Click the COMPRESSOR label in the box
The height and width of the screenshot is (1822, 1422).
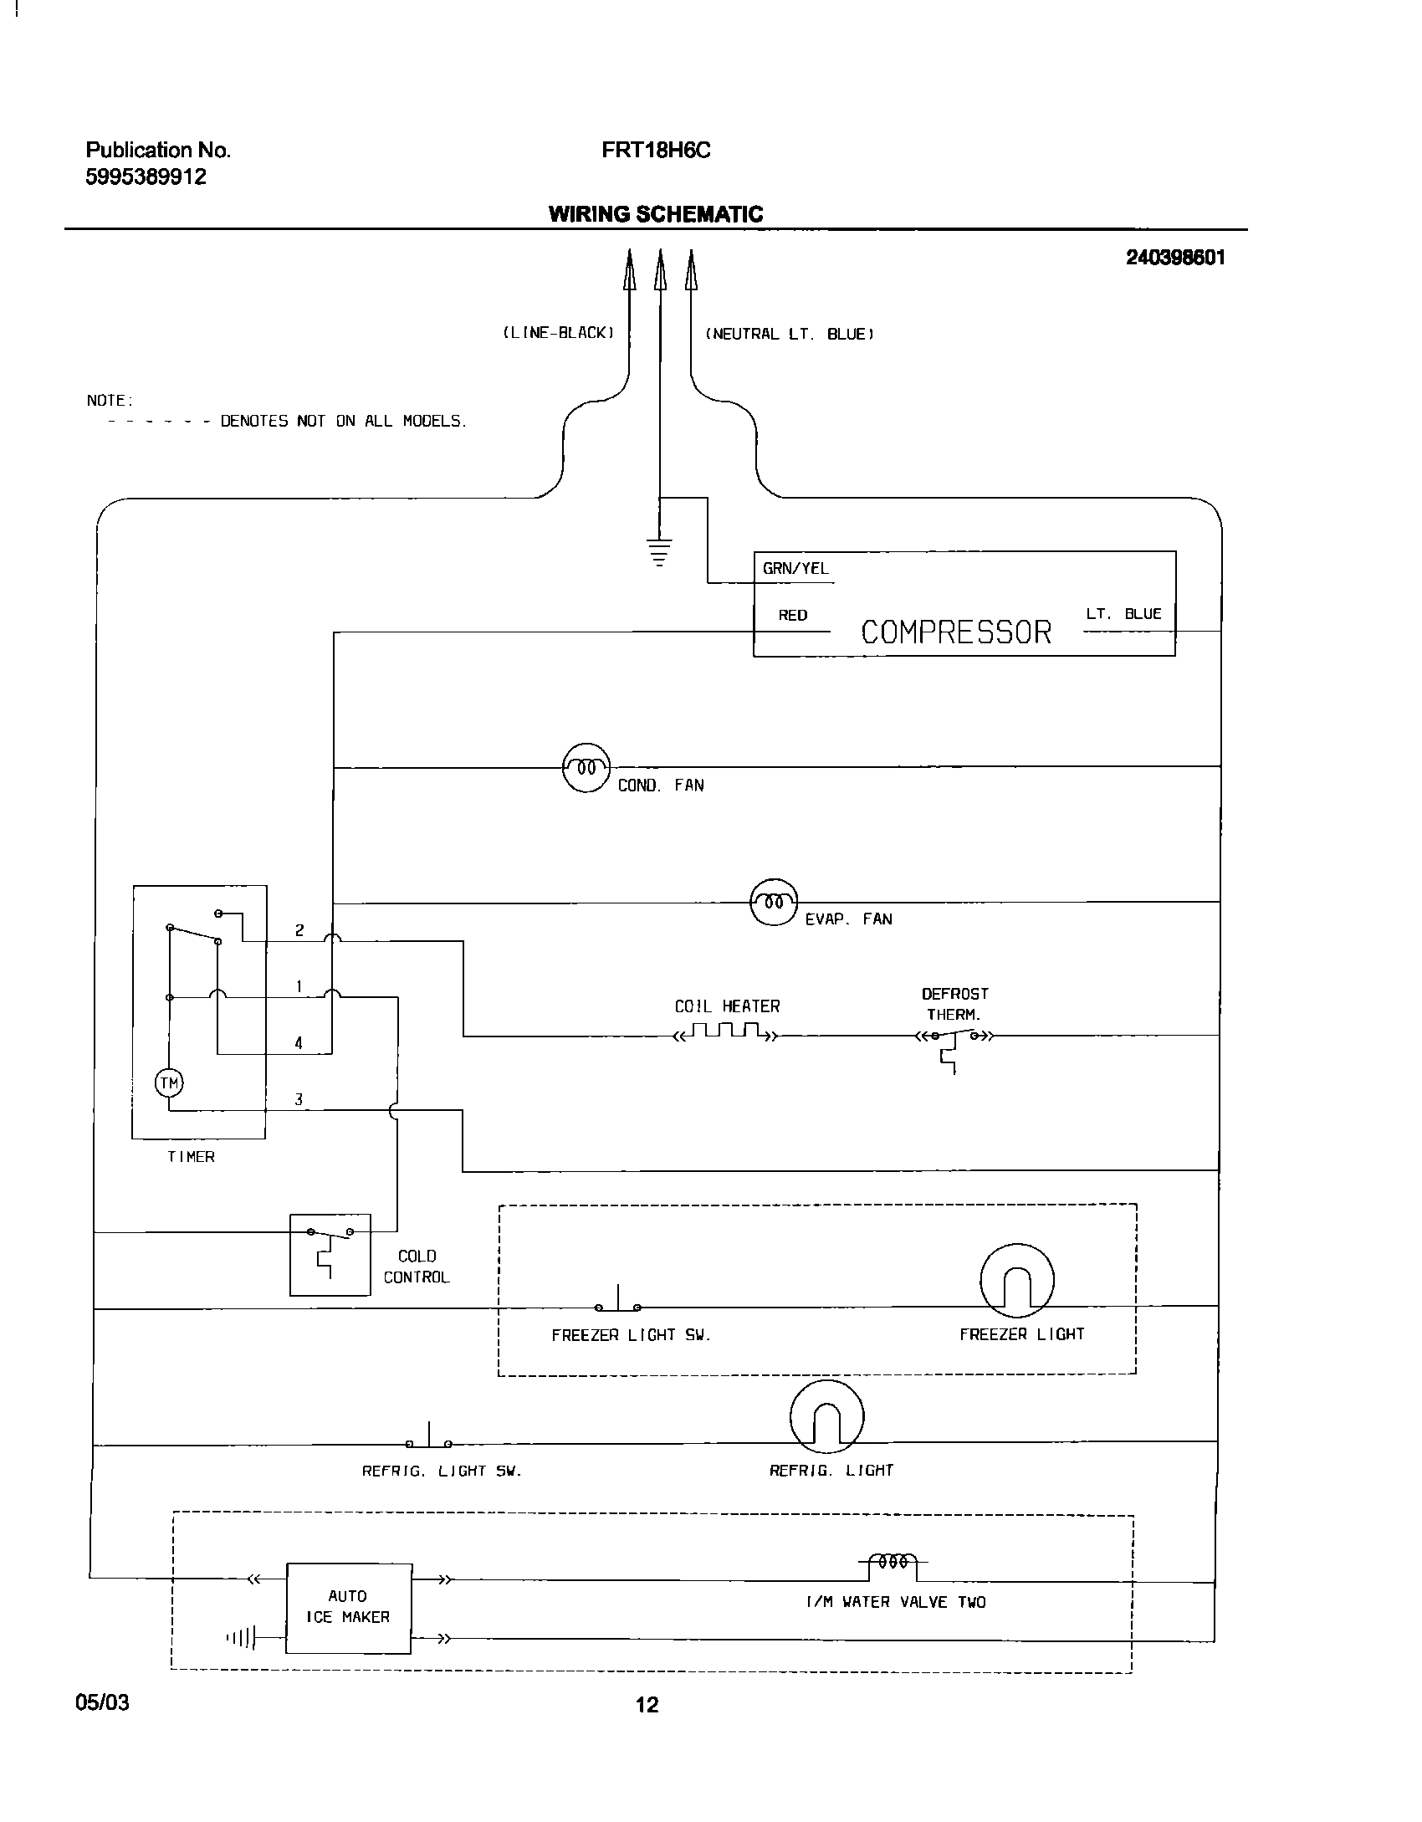[956, 632]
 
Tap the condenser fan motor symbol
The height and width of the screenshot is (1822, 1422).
[586, 767]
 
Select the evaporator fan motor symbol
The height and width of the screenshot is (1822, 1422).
[775, 902]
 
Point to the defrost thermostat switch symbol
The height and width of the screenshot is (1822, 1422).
[954, 1037]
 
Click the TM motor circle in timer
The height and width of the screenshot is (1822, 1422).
[170, 1083]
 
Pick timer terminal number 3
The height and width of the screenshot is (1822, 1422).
[299, 1100]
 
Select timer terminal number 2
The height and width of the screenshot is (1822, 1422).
[299, 930]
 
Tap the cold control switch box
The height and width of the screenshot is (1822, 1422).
[330, 1255]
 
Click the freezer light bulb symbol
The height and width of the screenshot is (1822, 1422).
[1017, 1280]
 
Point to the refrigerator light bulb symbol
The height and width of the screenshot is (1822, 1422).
[826, 1416]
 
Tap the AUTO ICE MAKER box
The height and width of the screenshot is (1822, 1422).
[349, 1607]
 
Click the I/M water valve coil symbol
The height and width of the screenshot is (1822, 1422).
[893, 1561]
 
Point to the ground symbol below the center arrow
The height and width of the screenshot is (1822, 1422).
[660, 552]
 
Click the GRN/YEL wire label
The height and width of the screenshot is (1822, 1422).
[795, 569]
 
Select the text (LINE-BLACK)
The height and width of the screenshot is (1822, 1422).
[559, 333]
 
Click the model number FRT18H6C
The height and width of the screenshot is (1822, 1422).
[656, 151]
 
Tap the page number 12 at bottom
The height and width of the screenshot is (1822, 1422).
[647, 1705]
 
